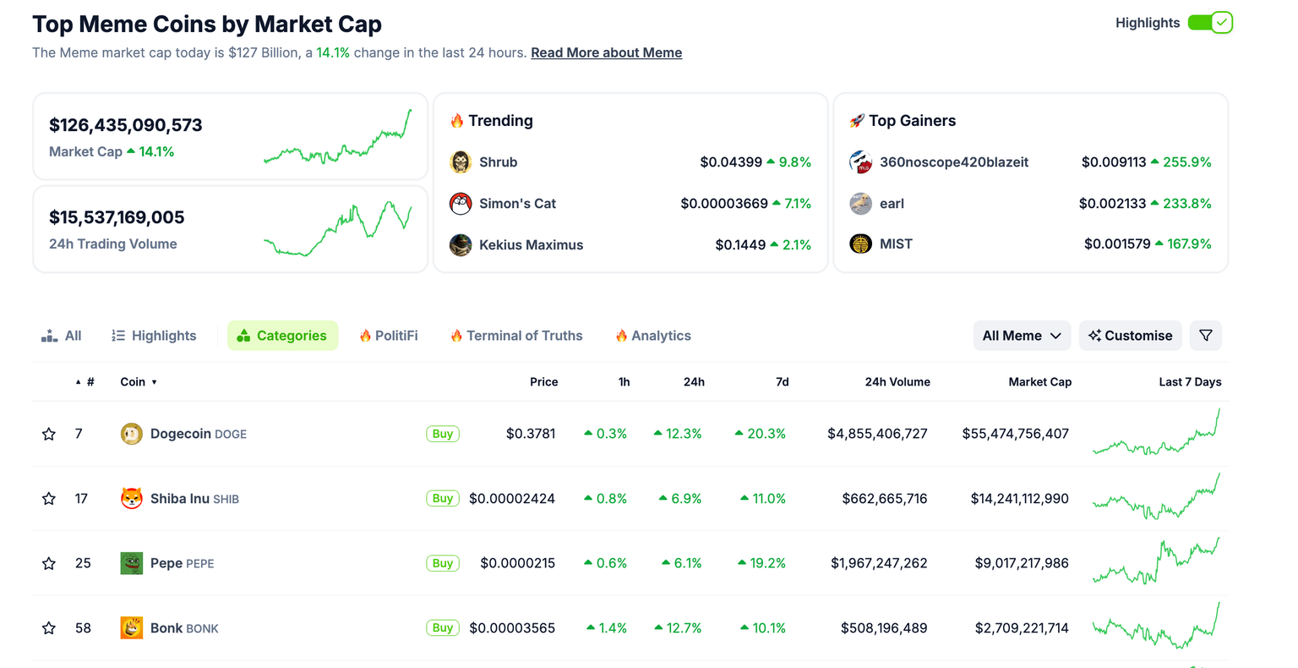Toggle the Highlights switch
(1210, 23)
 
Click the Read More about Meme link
(606, 52)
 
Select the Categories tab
(282, 336)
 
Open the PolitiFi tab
(389, 336)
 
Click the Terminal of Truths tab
(516, 336)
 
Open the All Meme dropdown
(1021, 336)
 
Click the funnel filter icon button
(1205, 336)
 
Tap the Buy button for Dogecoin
(443, 434)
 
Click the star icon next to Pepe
(49, 563)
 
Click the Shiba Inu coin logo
(131, 499)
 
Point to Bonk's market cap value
(1021, 628)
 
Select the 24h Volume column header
(897, 382)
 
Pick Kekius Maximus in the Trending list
(531, 245)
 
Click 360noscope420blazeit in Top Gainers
(953, 162)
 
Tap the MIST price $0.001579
(1116, 244)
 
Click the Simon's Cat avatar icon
(461, 204)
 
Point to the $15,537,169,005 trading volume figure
(117, 217)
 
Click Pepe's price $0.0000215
(517, 563)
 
